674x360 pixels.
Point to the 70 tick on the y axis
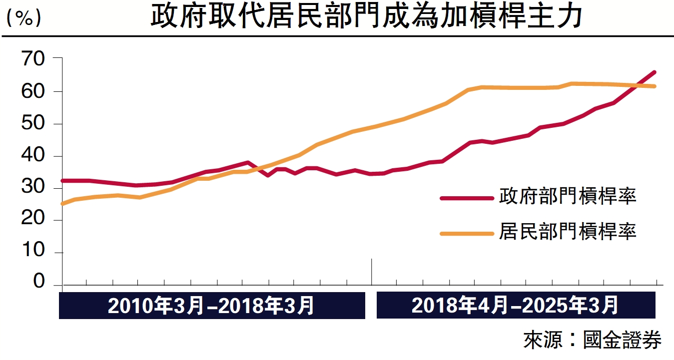(x=33, y=59)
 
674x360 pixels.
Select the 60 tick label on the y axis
(x=33, y=92)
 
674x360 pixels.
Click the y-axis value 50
(x=33, y=124)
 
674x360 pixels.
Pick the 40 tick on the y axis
(x=33, y=156)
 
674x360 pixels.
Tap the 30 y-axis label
(x=33, y=188)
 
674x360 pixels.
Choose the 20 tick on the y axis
(x=33, y=220)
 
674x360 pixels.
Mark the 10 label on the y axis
(x=33, y=253)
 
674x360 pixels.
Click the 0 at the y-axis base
(x=39, y=282)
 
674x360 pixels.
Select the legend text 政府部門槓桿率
(x=568, y=197)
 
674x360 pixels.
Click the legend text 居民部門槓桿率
(x=568, y=232)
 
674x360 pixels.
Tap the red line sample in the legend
(x=466, y=198)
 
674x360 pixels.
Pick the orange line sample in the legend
(x=466, y=233)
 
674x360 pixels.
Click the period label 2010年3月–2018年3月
(x=211, y=306)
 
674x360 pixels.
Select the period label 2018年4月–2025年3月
(x=515, y=306)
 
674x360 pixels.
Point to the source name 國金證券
(x=622, y=341)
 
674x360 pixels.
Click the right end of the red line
(x=655, y=72)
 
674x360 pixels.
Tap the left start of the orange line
(x=62, y=204)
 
